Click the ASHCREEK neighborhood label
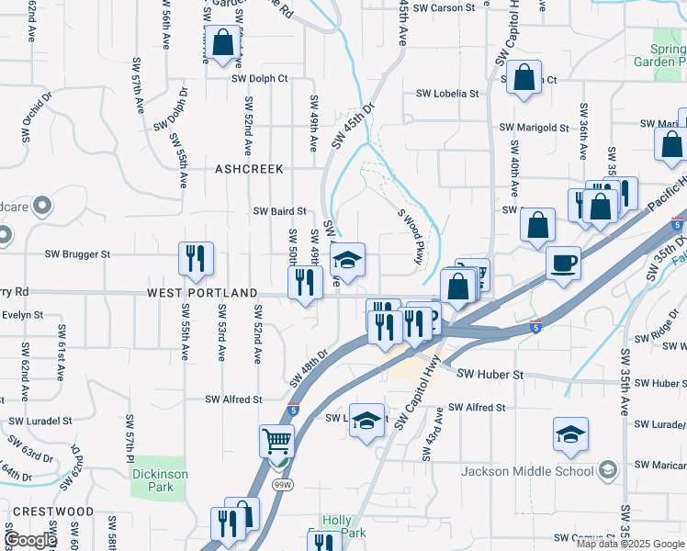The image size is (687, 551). coord(249,169)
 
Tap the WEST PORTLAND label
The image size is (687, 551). coord(202,293)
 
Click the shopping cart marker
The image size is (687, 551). coord(276,442)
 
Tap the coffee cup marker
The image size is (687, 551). coord(563,263)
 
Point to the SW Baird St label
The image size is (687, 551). coord(280,211)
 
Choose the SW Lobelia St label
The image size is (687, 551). coord(447,94)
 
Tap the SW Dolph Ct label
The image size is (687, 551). coord(260,78)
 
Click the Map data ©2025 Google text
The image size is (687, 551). coord(629,544)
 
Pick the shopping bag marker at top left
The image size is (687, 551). coord(221,42)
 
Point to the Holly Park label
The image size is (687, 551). coord(336,526)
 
